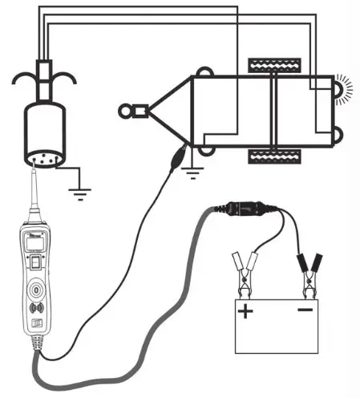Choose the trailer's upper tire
click(274, 63)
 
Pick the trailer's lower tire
click(274, 154)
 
